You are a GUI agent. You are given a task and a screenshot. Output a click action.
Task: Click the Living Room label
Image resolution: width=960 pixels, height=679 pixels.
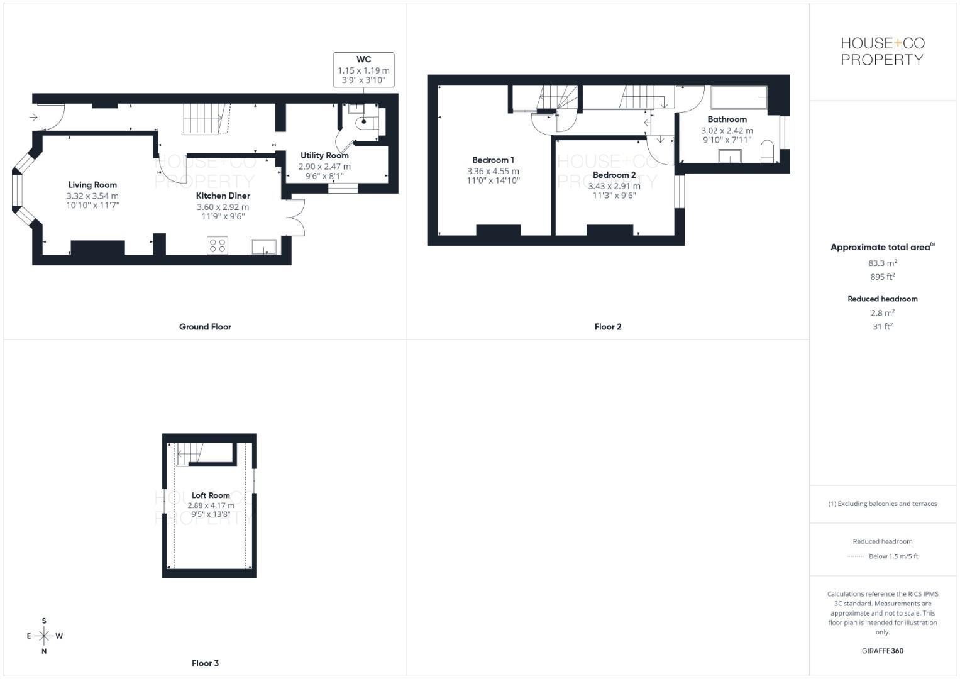tap(92, 185)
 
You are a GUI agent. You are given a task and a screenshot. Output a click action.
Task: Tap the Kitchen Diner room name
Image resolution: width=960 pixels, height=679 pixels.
tap(223, 196)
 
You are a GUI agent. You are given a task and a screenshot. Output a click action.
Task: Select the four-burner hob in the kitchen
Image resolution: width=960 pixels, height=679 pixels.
tap(218, 245)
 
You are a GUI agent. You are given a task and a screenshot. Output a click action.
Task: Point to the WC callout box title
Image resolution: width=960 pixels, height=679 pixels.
tap(363, 60)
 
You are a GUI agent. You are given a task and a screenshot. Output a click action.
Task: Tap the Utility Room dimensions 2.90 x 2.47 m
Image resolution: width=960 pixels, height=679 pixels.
tap(324, 167)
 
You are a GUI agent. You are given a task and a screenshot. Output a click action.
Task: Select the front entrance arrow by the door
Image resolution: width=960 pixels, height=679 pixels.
tap(33, 117)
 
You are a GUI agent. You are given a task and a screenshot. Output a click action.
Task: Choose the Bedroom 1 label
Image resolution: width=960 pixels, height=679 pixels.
tap(493, 160)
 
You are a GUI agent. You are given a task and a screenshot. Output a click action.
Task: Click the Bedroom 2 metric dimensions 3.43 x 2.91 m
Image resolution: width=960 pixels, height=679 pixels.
tap(614, 186)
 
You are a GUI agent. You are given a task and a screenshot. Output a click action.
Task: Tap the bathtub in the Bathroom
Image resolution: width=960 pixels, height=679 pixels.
tap(739, 98)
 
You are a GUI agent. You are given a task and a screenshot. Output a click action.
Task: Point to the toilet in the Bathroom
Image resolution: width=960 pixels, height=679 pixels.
tap(767, 153)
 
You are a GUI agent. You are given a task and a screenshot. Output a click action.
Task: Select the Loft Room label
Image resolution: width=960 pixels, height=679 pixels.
tap(211, 495)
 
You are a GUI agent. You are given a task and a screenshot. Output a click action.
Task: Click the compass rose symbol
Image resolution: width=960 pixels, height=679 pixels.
tap(44, 636)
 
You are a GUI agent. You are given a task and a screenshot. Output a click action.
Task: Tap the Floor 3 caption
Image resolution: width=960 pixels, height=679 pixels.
tap(205, 663)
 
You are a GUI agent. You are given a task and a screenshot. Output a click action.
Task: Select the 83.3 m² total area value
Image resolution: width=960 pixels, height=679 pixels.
tap(882, 263)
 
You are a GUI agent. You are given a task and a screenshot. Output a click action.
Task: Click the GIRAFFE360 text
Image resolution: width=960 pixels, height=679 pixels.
tap(882, 651)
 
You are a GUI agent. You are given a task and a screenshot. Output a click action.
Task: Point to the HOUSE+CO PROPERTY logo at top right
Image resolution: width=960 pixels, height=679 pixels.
tap(882, 52)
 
